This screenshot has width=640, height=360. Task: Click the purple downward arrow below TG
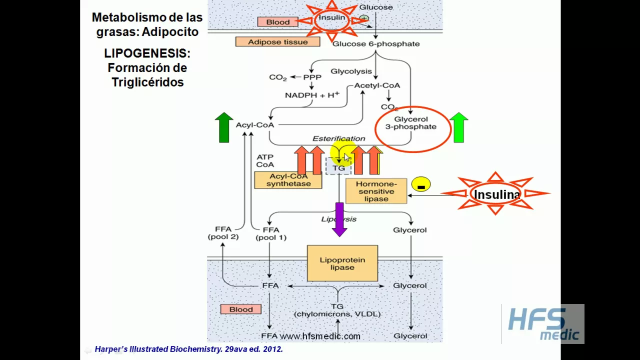tap(339, 219)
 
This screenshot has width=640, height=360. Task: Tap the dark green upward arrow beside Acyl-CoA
tap(224, 127)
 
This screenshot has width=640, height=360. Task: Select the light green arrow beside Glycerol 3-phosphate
tap(458, 127)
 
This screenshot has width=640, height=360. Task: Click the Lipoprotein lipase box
tap(342, 263)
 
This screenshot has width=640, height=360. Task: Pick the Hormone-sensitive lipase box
tap(376, 191)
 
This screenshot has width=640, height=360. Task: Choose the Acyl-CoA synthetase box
tap(288, 180)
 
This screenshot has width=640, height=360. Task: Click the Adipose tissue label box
tap(278, 42)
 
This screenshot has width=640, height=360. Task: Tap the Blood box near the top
tap(277, 22)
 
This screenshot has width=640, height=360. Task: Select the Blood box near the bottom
tap(240, 309)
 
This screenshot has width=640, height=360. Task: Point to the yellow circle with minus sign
tap(421, 185)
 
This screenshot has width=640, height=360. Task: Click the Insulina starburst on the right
tap(496, 194)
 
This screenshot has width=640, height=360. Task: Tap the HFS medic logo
tap(543, 324)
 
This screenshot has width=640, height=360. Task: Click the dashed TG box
tap(339, 168)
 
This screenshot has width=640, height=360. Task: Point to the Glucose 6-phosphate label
tap(376, 44)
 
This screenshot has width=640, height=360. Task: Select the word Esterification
tap(338, 138)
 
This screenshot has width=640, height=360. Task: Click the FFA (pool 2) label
tap(223, 233)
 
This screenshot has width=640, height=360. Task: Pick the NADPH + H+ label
tap(312, 95)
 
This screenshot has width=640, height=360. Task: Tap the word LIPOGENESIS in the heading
tap(147, 53)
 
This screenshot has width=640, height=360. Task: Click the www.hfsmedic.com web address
tap(320, 336)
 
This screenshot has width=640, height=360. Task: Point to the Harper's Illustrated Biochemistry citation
tap(188, 349)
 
